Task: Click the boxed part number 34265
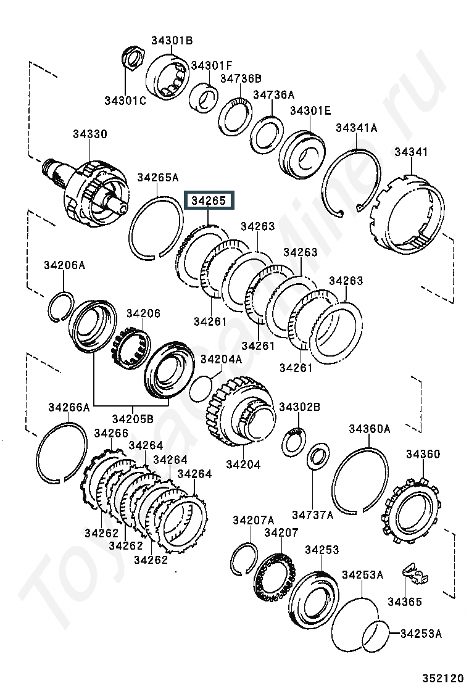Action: coord(209,201)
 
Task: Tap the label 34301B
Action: coord(172,41)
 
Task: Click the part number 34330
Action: coord(89,134)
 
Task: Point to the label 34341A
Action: coord(357,128)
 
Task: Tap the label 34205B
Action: coord(133,419)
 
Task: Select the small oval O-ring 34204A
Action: coord(201,388)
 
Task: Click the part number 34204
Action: coord(243,464)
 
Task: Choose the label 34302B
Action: coord(300,407)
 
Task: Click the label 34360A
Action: coord(369,429)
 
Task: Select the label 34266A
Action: coord(68,407)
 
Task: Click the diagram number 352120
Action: coord(442,678)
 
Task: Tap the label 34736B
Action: coord(241,78)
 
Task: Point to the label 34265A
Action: coord(158,178)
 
